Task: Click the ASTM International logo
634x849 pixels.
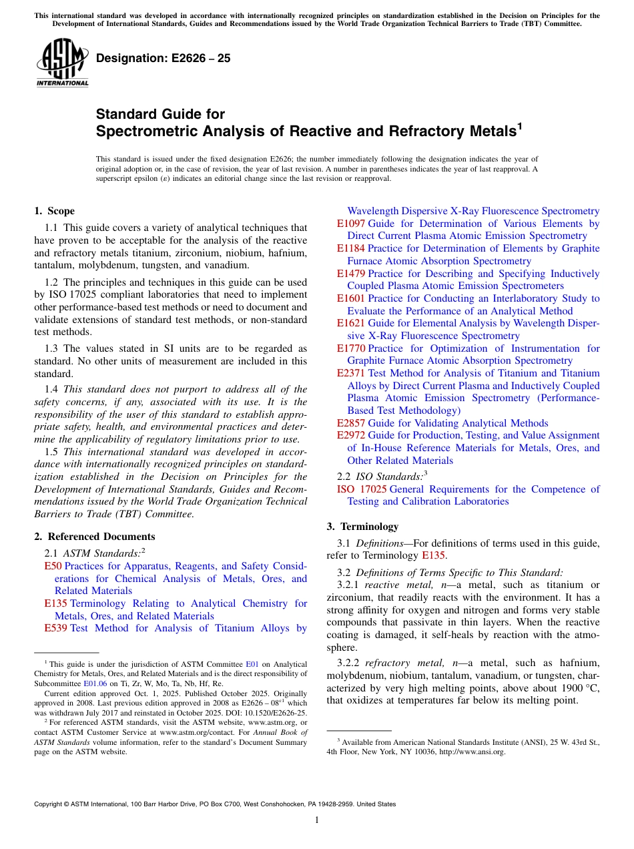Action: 62,61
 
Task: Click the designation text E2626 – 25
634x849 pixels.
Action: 164,59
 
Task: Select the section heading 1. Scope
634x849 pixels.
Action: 55,211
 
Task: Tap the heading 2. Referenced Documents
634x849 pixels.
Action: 95,537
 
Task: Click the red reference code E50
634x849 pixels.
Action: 53,566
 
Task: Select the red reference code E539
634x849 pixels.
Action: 56,628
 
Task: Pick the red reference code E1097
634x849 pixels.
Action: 351,224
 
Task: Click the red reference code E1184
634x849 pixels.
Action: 351,248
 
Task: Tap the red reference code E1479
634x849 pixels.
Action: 351,274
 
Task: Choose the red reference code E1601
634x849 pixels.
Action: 351,298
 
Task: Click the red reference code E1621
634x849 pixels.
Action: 351,323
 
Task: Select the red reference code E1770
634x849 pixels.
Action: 351,348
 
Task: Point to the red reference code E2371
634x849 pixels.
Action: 351,373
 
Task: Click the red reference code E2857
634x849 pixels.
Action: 351,423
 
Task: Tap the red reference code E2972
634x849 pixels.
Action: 351,435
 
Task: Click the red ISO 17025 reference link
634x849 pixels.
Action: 362,489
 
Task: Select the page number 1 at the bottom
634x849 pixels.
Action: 317,820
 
